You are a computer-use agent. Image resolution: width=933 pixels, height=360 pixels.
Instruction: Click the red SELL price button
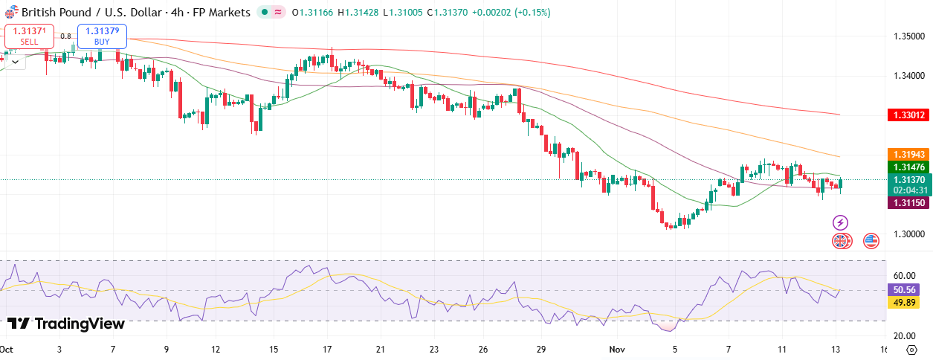(29, 36)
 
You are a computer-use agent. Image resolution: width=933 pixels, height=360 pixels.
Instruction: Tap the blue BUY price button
(102, 36)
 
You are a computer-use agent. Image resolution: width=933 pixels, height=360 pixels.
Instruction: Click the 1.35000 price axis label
(908, 36)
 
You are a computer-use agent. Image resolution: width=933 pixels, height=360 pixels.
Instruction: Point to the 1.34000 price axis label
(908, 75)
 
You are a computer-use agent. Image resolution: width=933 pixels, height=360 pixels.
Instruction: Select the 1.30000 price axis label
(908, 234)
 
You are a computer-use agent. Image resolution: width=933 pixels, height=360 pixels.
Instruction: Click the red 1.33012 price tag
(908, 115)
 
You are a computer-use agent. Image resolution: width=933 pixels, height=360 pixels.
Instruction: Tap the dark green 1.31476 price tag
(908, 167)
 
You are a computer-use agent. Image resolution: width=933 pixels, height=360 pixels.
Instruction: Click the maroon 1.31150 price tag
(908, 202)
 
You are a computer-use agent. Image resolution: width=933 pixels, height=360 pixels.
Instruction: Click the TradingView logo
(66, 324)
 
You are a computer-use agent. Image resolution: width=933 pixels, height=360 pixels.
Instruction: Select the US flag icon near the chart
(871, 240)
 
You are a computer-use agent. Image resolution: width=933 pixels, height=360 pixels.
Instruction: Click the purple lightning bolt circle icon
(840, 222)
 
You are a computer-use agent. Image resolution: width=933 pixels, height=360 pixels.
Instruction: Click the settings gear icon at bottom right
(911, 350)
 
